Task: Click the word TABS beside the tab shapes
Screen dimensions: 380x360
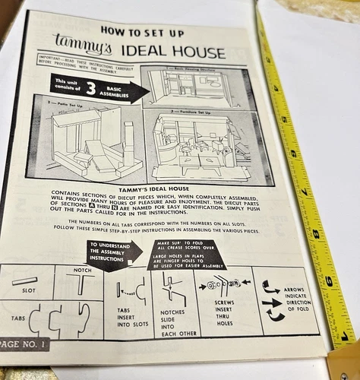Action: pos(16,320)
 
